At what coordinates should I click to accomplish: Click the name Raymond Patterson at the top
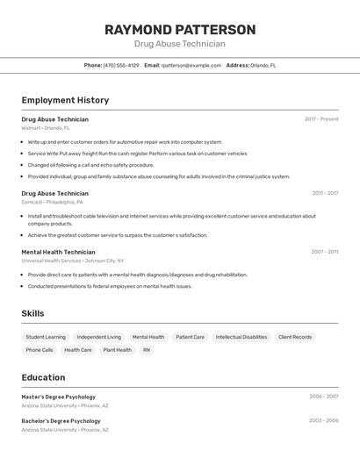[x=180, y=30]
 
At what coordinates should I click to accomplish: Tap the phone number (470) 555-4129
[x=121, y=65]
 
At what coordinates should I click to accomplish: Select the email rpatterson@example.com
[x=191, y=65]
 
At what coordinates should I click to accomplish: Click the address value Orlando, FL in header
[x=263, y=65]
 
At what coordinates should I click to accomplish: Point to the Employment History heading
[x=65, y=100]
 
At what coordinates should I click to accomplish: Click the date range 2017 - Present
[x=321, y=118]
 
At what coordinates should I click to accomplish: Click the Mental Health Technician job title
[x=58, y=252]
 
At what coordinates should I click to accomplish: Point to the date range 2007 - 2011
[x=324, y=252]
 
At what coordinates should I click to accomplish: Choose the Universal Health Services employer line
[x=72, y=261]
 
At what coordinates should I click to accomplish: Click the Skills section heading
[x=32, y=313]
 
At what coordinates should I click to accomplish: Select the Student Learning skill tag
[x=46, y=337]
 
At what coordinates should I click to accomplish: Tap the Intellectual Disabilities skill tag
[x=241, y=337]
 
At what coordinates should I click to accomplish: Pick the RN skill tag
[x=147, y=350]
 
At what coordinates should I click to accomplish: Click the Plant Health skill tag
[x=117, y=350]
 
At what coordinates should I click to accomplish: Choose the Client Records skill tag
[x=295, y=337]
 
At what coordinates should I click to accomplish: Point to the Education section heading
[x=43, y=377]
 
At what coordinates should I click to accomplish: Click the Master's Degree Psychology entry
[x=59, y=397]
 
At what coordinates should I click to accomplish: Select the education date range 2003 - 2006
[x=323, y=420]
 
